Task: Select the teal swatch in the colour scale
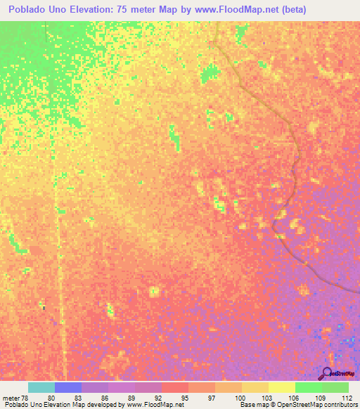41,387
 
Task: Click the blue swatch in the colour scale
68,387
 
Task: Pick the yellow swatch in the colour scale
281,387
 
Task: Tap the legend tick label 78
25,397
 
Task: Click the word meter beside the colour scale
10,397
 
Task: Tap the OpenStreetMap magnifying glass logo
327,373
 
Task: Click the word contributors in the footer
337,405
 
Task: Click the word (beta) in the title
292,11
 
